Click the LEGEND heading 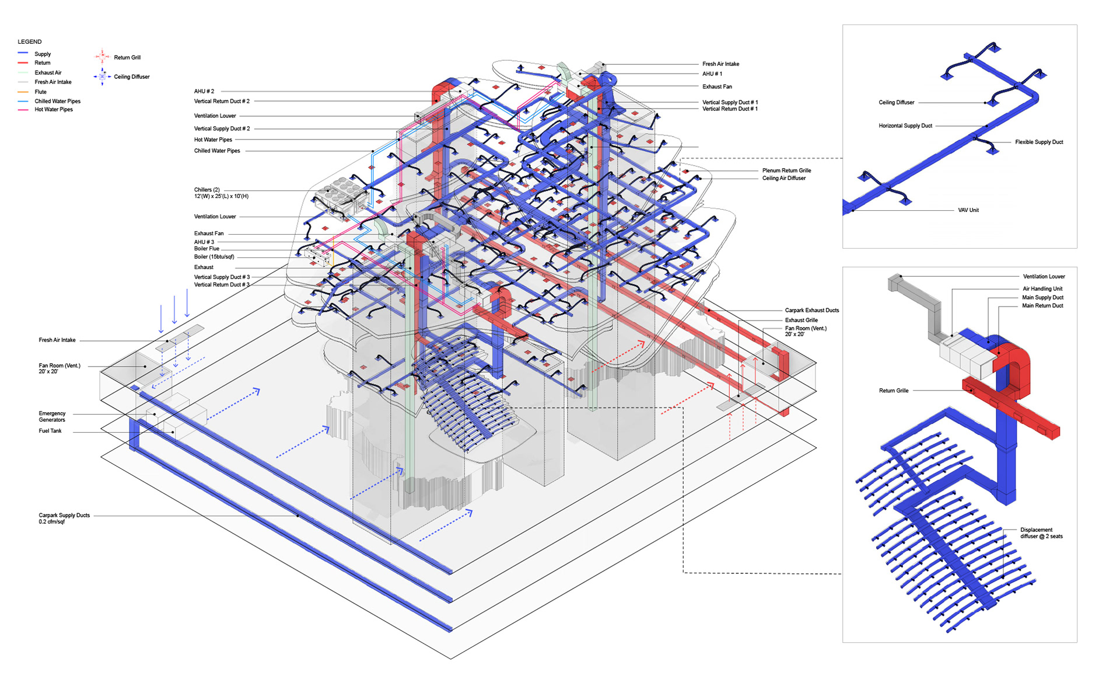pos(30,42)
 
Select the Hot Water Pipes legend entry pos(53,110)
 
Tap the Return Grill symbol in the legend pos(102,57)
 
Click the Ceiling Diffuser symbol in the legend pos(102,76)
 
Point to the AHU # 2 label pos(204,92)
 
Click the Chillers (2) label pos(207,190)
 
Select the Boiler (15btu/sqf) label pos(214,257)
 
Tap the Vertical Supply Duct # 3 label pos(222,277)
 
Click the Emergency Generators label pos(52,416)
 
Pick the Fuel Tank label pos(50,431)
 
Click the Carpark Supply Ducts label pos(64,516)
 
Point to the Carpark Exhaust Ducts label pos(811,311)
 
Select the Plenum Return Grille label pos(786,170)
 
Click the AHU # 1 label pos(712,74)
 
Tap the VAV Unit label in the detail pos(968,210)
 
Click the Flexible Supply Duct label pos(1038,142)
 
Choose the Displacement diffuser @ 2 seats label pos(1041,533)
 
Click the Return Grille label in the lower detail pos(893,391)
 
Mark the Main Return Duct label pos(1042,306)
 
